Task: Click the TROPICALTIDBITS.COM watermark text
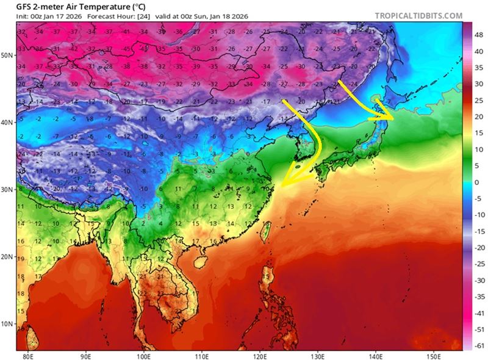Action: click(418, 15)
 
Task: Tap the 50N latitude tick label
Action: click(8, 55)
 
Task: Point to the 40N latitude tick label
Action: click(8, 122)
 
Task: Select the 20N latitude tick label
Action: click(8, 256)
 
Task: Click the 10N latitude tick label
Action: click(8, 323)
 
